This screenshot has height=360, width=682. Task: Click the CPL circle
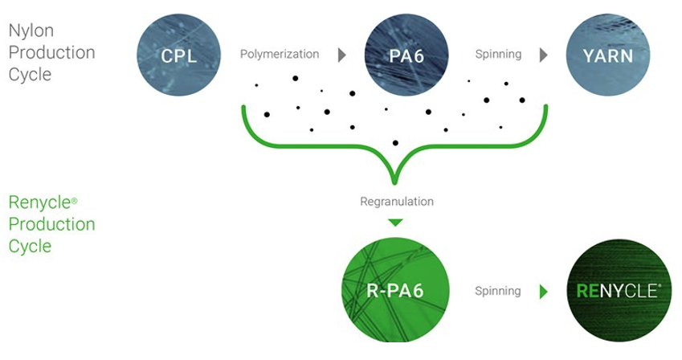tap(178, 55)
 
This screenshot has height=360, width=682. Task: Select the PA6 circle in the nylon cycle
tap(406, 55)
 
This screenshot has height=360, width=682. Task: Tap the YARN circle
tap(608, 55)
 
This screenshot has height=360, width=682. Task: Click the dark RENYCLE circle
tap(618, 291)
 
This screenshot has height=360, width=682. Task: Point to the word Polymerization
tap(279, 55)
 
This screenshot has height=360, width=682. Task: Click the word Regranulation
tap(396, 201)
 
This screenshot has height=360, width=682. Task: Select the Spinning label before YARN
tap(498, 55)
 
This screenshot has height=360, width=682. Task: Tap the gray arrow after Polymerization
tap(341, 55)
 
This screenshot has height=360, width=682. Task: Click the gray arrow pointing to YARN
tap(543, 55)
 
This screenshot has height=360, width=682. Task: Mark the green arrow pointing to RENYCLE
tap(543, 292)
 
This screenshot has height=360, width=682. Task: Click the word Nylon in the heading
tap(31, 31)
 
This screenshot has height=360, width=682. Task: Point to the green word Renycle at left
tap(39, 202)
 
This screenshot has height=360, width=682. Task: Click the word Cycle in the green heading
tap(29, 245)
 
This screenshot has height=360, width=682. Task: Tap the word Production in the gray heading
tap(51, 53)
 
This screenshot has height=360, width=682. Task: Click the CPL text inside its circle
tap(178, 56)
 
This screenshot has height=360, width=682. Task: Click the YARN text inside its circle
tap(608, 56)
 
